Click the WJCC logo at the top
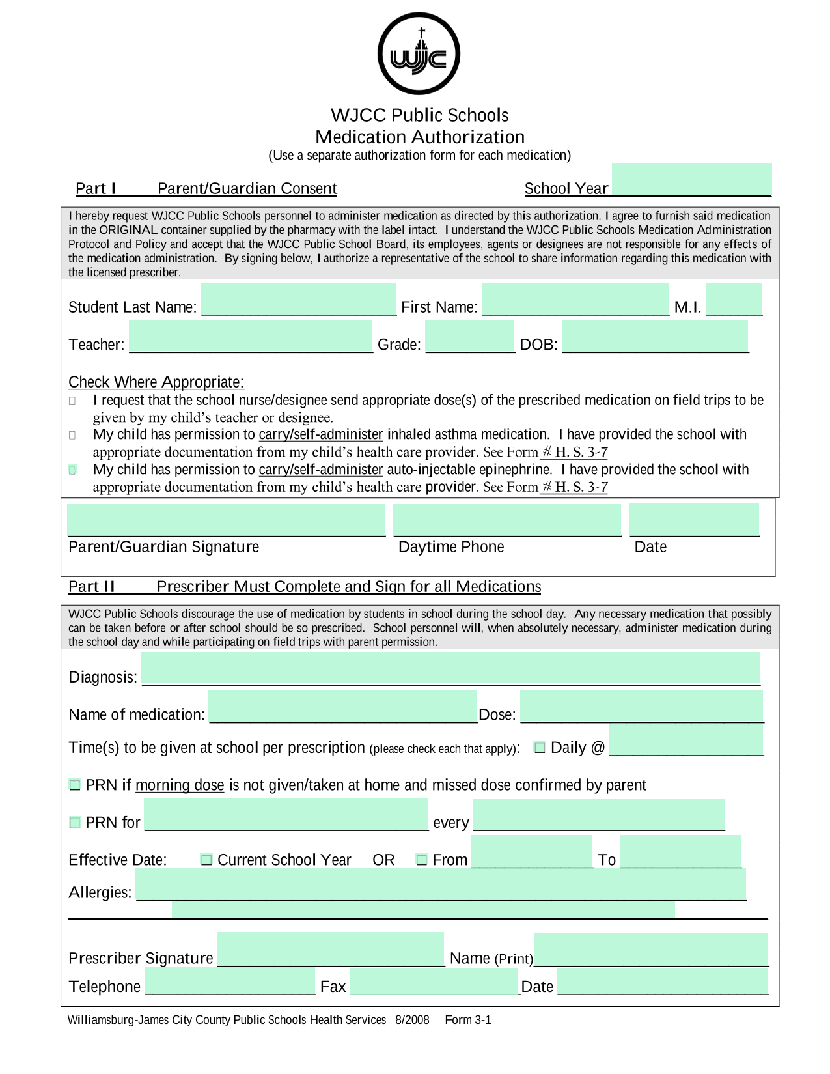(419, 54)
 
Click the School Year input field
(691, 180)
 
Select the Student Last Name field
(299, 299)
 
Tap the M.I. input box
(734, 299)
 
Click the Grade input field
(470, 336)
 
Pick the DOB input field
(655, 336)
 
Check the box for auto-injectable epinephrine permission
(73, 470)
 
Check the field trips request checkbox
(73, 401)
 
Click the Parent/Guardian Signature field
(226, 520)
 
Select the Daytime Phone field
(507, 520)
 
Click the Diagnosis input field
(450, 669)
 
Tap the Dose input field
(641, 707)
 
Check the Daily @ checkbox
(540, 747)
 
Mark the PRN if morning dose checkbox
(75, 785)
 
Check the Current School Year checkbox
(206, 860)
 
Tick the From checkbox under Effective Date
(422, 860)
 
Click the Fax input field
(434, 982)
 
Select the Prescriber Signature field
(330, 949)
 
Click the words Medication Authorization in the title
(420, 137)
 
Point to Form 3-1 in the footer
(468, 1020)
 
